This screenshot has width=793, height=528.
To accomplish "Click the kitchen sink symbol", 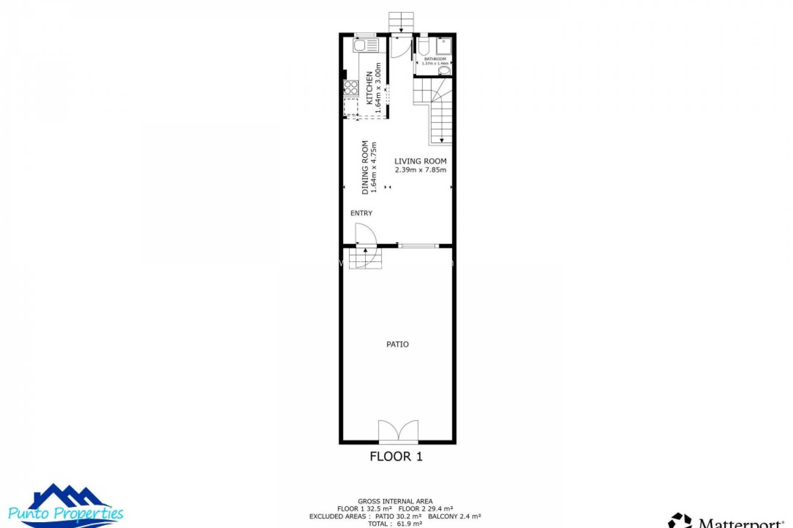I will coord(366,45).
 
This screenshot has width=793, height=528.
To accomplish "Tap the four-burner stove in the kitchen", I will coord(351,87).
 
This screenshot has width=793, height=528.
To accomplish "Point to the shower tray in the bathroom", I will coord(444,46).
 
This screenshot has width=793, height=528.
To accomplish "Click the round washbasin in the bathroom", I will coord(444,71).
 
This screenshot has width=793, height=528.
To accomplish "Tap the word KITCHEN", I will coord(370,88).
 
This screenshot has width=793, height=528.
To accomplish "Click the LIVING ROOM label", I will coord(420,161).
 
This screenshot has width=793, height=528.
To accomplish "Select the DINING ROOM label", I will coord(365,167).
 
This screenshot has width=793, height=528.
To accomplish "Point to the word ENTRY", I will coord(361,213).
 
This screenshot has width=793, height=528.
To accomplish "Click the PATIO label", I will coord(397,344).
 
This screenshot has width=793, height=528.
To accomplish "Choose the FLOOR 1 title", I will coord(396,456).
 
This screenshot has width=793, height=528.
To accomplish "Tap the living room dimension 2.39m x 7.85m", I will coord(420,170).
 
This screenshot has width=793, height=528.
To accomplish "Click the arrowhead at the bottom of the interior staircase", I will coord(442,140).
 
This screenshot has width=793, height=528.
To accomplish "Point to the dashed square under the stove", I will coord(351,106).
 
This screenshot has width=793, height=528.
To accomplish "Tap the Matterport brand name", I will coord(741,523).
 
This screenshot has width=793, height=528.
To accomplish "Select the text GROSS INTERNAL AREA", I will coord(395,502).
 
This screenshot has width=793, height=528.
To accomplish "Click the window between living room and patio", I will coord(418,246).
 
